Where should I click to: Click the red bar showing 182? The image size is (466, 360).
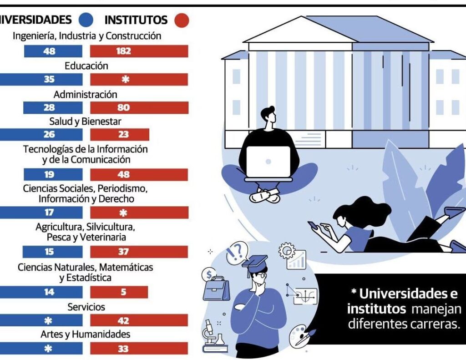(x=139, y=51)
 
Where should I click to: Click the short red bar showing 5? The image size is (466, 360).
(x=119, y=292)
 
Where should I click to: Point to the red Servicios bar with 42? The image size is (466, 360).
(x=139, y=320)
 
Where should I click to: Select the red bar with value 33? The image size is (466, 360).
(x=139, y=349)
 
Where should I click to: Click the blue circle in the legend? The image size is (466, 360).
(x=86, y=20)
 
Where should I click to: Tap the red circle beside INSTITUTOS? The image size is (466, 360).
(x=182, y=20)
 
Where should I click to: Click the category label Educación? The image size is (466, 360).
(x=86, y=66)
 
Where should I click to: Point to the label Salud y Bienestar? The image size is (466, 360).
(x=86, y=122)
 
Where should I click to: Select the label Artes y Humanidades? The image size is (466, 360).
(x=86, y=335)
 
